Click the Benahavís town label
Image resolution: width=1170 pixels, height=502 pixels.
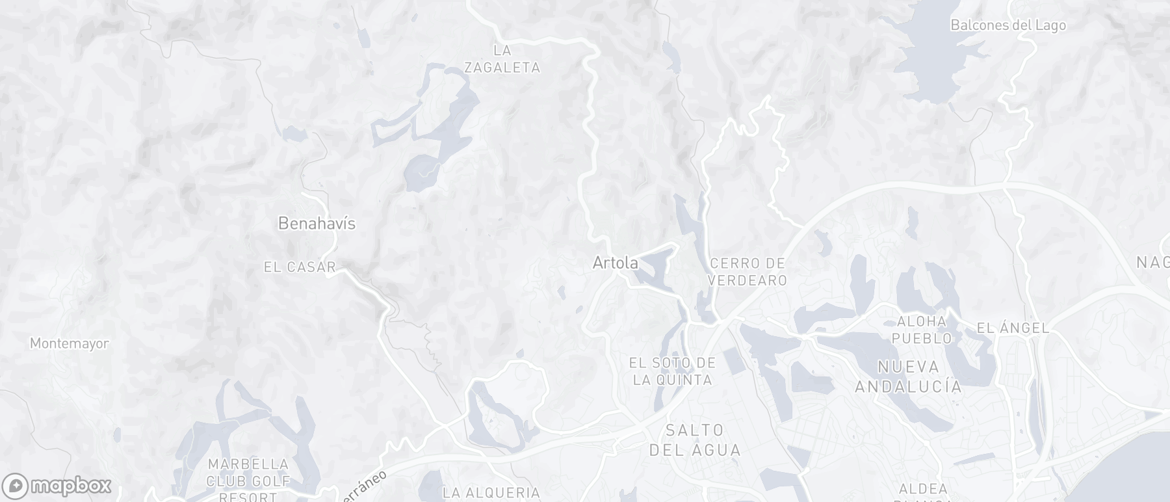(317, 224)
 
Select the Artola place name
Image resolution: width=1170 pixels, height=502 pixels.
(615, 263)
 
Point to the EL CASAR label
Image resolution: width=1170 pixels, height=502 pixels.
(300, 267)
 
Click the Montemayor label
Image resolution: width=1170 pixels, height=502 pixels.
(69, 343)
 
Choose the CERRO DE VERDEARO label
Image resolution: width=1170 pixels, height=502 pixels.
(747, 272)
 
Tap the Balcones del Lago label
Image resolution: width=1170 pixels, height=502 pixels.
(1007, 25)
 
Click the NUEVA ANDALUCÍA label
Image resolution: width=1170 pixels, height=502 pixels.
(908, 376)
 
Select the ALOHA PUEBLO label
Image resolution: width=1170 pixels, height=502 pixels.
(922, 330)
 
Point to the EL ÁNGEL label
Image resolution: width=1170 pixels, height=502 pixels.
(1013, 328)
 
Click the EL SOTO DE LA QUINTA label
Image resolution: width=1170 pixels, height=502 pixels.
(672, 371)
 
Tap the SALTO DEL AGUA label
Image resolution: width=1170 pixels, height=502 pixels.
(695, 440)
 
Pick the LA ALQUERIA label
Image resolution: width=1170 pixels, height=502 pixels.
(491, 493)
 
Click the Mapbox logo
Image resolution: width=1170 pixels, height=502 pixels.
(57, 486)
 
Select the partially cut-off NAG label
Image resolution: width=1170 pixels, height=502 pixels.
(1153, 262)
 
